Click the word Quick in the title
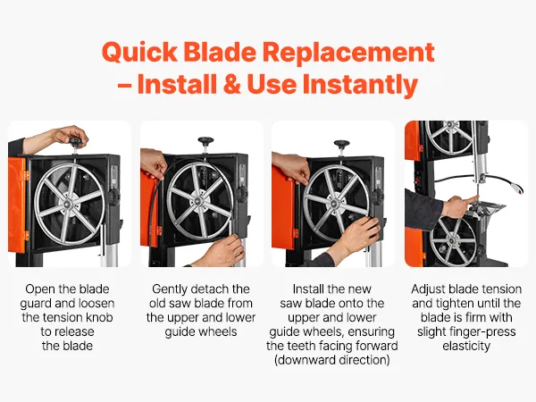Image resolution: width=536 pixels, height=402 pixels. (x=139, y=53)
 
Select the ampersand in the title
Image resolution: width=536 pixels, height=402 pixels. (x=232, y=84)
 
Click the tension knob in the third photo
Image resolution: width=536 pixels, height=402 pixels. (x=341, y=144)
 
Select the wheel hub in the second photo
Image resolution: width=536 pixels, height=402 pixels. (x=200, y=201)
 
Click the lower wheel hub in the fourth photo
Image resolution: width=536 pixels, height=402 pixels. (x=452, y=240)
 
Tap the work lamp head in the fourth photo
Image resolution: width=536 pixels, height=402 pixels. (x=518, y=188)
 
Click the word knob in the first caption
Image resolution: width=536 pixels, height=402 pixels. (x=99, y=317)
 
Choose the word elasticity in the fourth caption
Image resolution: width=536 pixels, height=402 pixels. (x=466, y=346)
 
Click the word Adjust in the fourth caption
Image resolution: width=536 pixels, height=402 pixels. (x=428, y=289)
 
